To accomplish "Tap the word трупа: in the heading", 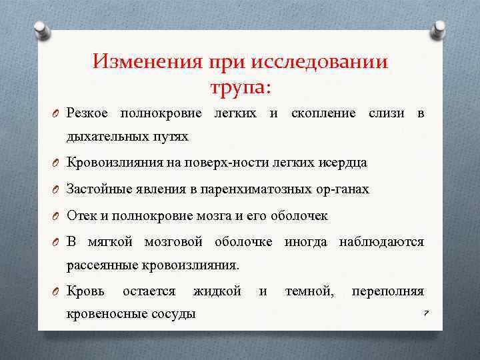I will tap(241, 87).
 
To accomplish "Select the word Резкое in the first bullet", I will tap(89, 113).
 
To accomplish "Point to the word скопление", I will tap(325, 113).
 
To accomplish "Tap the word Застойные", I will tap(95, 189).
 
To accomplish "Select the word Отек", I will tap(81, 216).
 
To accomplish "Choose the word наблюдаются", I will tap(381, 241).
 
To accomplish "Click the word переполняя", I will tap(387, 291).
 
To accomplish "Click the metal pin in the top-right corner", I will tap(439, 29).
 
